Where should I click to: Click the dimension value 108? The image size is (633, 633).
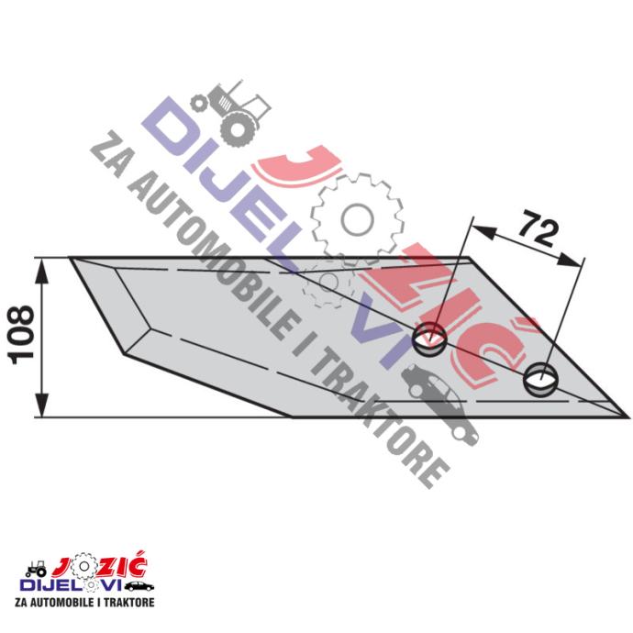[x=21, y=335]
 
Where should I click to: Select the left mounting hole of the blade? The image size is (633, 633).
[x=430, y=339]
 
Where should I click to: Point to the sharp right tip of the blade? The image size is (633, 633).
[x=629, y=417]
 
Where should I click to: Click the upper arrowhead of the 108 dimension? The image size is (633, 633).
[x=42, y=270]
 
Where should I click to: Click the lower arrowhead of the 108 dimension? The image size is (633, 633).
[x=42, y=405]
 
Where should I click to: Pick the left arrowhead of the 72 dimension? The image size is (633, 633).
[x=483, y=231]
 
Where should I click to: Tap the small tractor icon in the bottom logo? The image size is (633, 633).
[x=36, y=569]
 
